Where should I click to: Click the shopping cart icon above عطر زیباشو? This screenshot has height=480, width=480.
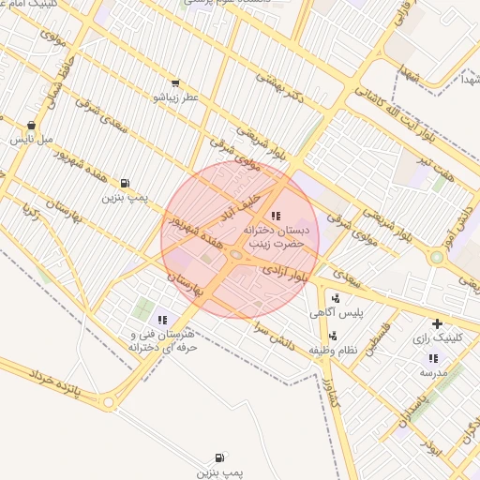[175, 83]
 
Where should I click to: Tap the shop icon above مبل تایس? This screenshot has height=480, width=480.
[31, 125]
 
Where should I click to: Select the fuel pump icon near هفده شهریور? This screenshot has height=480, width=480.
[125, 184]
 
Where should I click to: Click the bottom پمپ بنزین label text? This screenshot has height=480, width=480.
[217, 472]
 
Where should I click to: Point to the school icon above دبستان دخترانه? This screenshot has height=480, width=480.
[275, 217]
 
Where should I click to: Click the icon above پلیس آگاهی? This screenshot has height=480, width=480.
[336, 298]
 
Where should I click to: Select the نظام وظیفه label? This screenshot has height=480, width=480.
[334, 350]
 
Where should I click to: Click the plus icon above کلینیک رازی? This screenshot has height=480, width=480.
[437, 323]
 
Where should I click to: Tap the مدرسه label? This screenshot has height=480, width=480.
[432, 372]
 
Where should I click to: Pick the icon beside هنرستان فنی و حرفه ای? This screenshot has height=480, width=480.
[162, 321]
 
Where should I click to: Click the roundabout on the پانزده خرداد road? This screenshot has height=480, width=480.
[110, 402]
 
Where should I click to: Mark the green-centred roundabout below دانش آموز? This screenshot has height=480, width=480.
[436, 256]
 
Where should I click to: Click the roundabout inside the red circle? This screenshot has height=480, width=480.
[235, 254]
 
